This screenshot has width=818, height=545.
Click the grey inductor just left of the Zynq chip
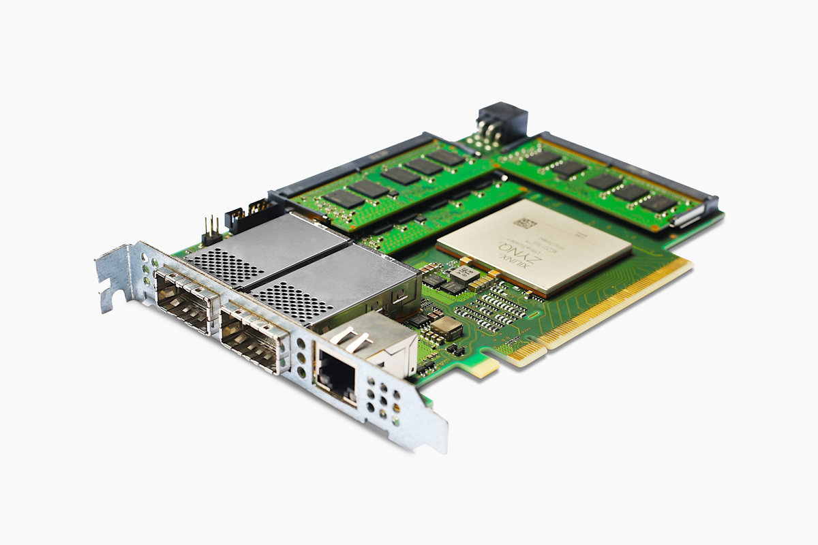coord(464,274)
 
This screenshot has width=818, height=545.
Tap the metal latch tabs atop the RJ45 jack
coord(354,341)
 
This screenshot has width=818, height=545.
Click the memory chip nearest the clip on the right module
coord(658,203)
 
